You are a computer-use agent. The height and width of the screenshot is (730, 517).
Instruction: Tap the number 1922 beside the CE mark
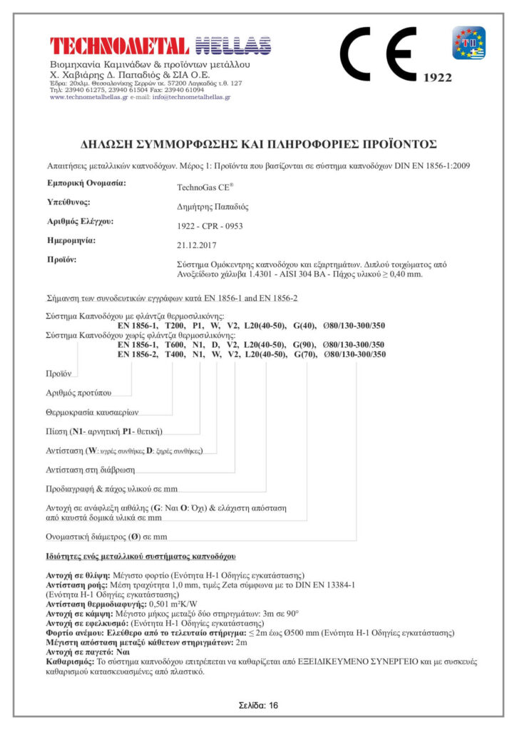[x=438, y=78]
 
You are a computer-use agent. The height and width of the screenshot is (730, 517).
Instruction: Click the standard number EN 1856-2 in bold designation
[x=139, y=354]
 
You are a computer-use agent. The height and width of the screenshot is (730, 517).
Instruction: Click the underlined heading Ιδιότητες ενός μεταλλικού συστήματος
[x=141, y=555]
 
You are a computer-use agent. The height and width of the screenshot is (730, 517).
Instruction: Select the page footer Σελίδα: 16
[x=258, y=705]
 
